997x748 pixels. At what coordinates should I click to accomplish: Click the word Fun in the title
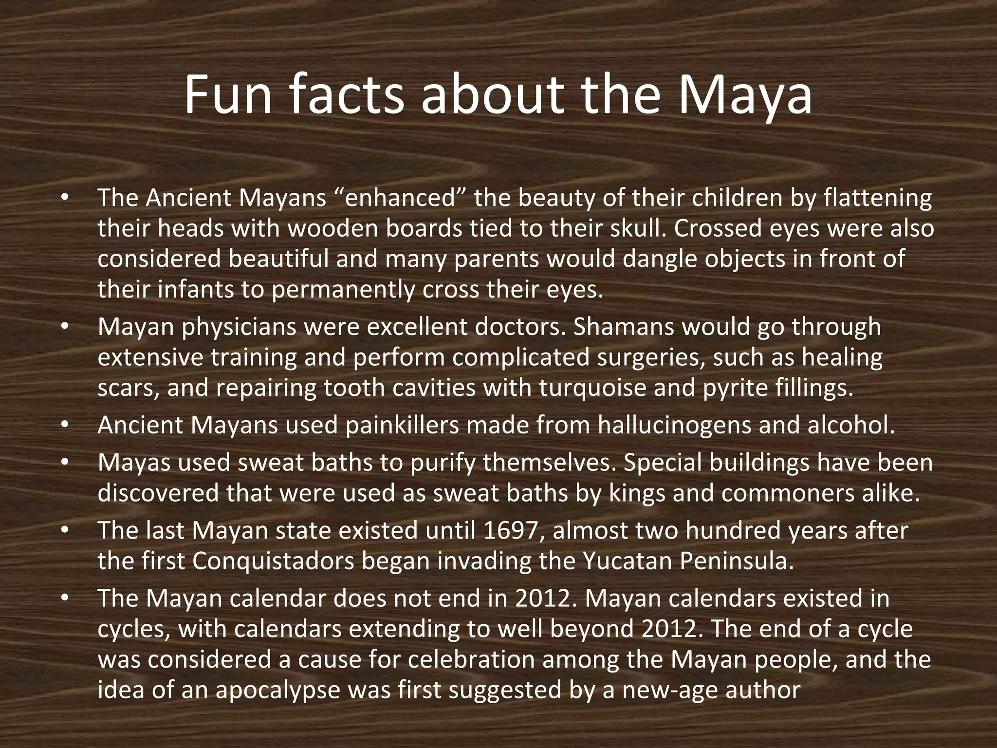[227, 95]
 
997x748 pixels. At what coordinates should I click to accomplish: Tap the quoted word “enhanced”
[400, 198]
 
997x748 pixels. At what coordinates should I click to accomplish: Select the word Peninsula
[737, 561]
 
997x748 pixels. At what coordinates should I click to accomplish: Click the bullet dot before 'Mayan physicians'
[65, 327]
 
